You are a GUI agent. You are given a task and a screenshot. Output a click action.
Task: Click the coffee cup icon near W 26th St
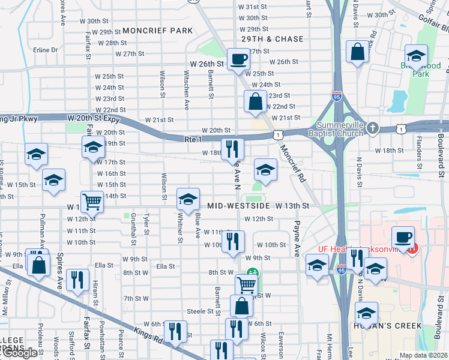[238, 59]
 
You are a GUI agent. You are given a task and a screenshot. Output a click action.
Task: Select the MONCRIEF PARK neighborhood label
[157, 31]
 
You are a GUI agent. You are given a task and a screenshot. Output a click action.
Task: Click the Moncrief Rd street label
[292, 162]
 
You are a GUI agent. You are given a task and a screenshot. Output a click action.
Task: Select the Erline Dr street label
[46, 50]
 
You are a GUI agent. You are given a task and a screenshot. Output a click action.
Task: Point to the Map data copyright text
[423, 355]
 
